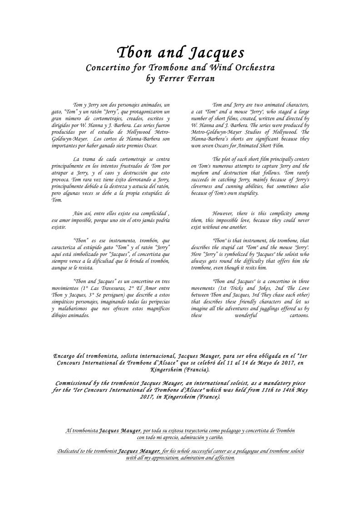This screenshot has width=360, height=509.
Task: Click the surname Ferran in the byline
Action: (x=200, y=78)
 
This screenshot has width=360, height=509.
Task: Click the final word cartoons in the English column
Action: (x=299, y=315)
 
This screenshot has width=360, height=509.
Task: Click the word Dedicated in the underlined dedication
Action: (x=70, y=451)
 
